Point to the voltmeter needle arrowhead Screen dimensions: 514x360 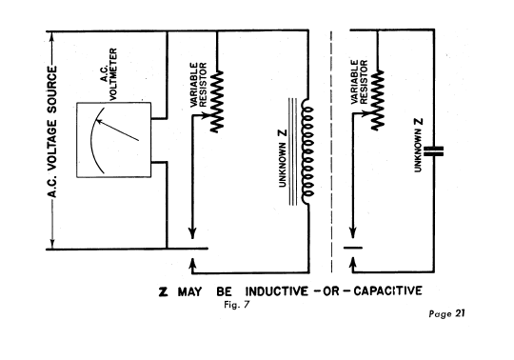98,122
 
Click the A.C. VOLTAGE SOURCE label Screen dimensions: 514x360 52,132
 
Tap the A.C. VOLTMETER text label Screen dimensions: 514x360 109,74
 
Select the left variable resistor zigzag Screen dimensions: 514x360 217,101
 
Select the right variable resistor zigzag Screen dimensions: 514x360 378,100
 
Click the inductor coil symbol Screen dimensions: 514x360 307,151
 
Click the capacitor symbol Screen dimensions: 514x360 433,151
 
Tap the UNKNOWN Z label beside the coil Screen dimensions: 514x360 283,158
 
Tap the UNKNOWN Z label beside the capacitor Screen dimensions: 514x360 418,145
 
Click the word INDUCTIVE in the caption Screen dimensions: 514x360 277,291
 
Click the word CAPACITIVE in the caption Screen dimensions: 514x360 387,290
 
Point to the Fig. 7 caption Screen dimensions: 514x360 237,305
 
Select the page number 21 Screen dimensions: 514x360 460,313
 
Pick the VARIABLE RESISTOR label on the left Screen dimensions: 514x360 199,85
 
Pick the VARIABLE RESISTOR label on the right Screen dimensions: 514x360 359,82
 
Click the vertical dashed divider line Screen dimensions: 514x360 331,151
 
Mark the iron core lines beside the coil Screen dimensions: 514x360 293,151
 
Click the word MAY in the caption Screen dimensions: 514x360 189,291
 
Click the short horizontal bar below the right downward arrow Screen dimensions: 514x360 353,248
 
